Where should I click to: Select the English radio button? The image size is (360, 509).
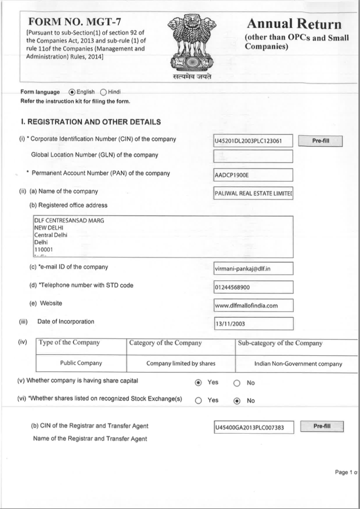(x=72, y=92)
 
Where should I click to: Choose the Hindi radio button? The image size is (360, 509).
(x=104, y=92)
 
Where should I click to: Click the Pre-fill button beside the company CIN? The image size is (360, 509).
(x=321, y=141)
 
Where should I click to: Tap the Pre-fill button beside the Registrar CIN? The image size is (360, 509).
(x=322, y=427)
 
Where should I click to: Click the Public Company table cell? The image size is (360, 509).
(x=81, y=363)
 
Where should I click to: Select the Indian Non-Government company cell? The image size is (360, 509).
(x=298, y=364)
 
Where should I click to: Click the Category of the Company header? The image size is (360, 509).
(x=165, y=343)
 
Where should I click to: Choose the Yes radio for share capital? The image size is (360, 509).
(x=198, y=383)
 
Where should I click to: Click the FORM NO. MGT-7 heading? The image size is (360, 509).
(x=75, y=22)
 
